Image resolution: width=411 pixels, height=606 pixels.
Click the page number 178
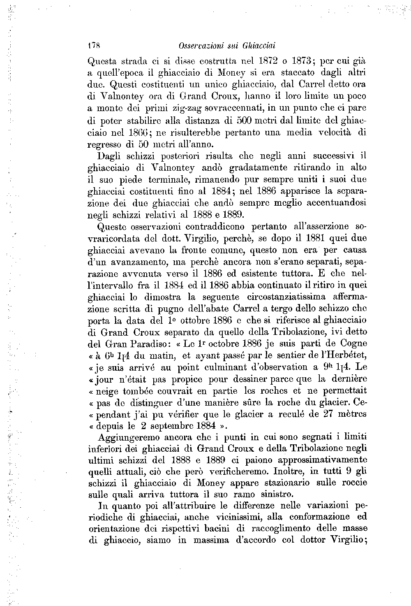pos(95,44)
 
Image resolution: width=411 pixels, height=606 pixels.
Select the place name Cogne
pos(351,344)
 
